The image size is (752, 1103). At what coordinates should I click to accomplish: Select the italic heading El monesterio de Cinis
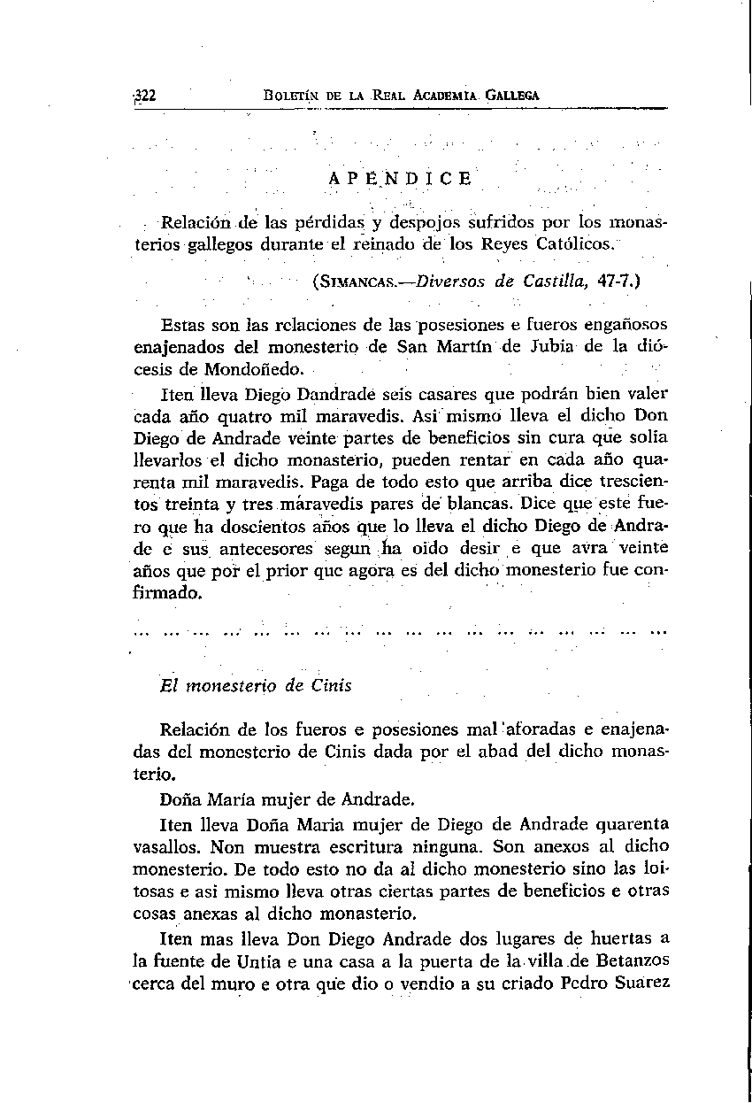[256, 685]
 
